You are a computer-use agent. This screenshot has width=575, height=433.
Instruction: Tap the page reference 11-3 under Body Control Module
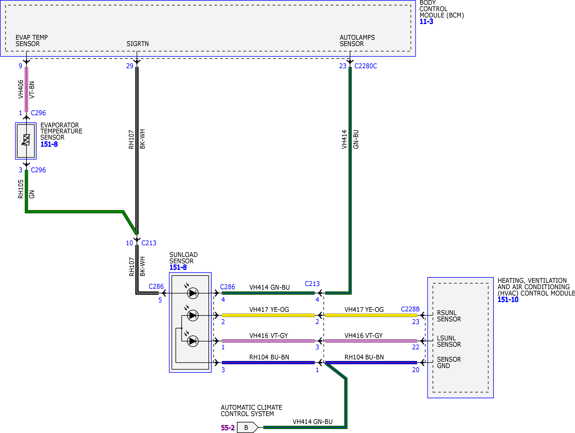click(x=426, y=22)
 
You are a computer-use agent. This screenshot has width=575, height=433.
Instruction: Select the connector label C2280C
click(x=365, y=66)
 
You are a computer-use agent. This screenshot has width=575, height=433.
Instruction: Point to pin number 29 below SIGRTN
click(x=130, y=66)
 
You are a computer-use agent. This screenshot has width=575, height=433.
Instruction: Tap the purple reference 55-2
click(x=228, y=428)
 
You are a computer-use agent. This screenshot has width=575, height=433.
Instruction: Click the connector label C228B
click(x=410, y=309)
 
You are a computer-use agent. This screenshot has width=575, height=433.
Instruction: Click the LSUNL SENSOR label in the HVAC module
click(x=449, y=341)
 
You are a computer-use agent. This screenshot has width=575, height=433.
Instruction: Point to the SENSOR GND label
click(x=449, y=363)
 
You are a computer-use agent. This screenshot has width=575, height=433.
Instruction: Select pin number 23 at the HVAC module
click(x=416, y=322)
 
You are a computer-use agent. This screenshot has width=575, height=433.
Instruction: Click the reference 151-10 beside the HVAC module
click(x=508, y=300)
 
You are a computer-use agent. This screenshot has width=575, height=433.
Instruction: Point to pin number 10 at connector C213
click(x=129, y=243)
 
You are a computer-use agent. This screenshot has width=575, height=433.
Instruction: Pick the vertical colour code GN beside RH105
click(x=32, y=194)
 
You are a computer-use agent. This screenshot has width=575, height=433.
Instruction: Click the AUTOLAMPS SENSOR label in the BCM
click(x=357, y=41)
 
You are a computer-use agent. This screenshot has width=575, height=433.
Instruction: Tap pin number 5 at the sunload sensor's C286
click(x=160, y=300)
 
